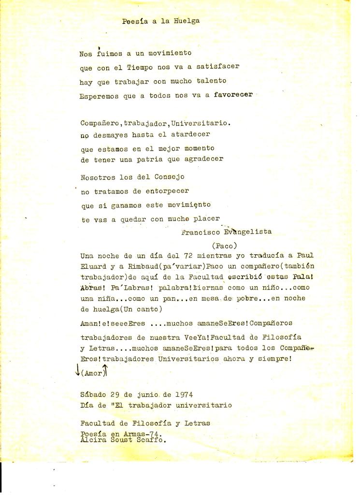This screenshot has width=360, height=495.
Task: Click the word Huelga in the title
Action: coord(187,21)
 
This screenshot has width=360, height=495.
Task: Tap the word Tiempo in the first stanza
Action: coord(141,67)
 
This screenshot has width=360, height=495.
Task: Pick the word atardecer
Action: coord(189,134)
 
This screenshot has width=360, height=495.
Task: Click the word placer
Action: coord(207,218)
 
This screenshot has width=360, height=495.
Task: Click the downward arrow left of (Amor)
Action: coord(77,370)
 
